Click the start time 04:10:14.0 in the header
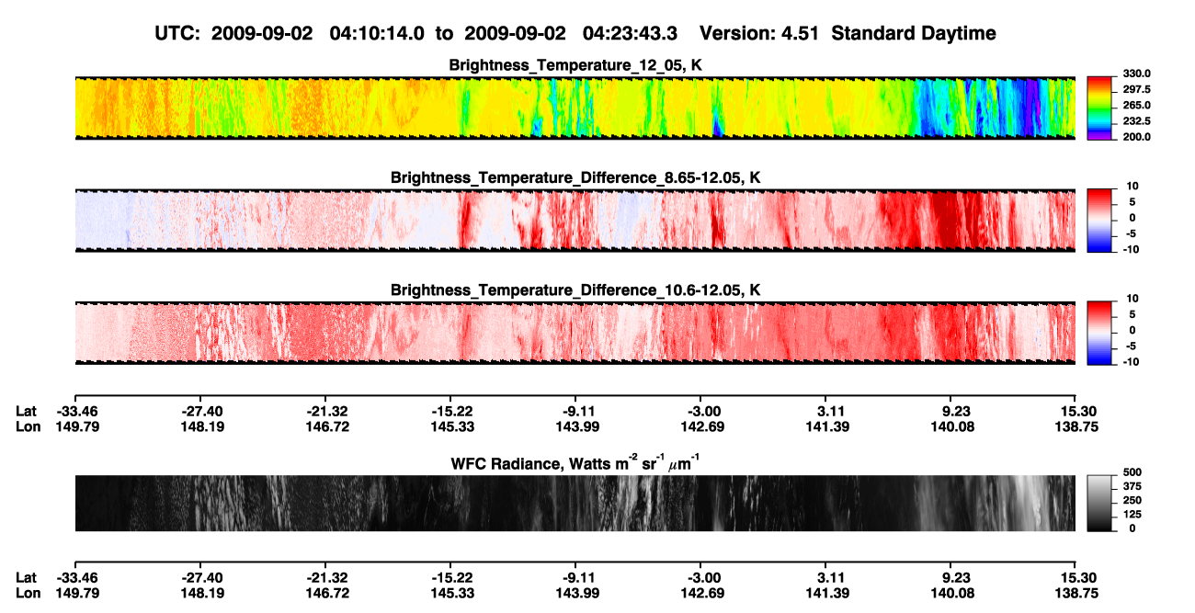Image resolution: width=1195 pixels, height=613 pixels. (x=377, y=34)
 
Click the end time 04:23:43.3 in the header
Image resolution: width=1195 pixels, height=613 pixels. (x=630, y=34)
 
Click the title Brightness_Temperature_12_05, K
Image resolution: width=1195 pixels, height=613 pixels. (x=575, y=65)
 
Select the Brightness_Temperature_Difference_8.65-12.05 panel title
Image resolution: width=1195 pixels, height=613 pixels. (x=575, y=177)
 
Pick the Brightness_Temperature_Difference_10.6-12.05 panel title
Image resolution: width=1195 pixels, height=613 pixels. (x=575, y=290)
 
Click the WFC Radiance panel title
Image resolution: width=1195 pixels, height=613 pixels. (x=575, y=463)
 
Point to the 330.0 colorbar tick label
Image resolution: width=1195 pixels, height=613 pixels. (x=1136, y=74)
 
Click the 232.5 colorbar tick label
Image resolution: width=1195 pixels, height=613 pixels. (x=1136, y=121)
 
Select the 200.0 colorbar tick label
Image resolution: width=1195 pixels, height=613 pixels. (x=1136, y=137)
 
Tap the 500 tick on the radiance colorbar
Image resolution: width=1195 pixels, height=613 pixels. (x=1132, y=472)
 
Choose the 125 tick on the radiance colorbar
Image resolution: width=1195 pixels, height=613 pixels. (x=1132, y=515)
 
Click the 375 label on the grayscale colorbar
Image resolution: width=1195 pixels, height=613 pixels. (x=1132, y=486)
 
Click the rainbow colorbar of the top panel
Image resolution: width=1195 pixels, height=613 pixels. (x=1099, y=108)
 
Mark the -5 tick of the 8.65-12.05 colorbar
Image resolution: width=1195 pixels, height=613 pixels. (x=1132, y=233)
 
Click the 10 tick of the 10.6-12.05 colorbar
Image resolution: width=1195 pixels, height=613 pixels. (x=1132, y=299)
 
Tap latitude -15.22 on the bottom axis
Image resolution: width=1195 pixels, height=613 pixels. (x=450, y=577)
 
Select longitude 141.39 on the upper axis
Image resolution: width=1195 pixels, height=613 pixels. (x=827, y=426)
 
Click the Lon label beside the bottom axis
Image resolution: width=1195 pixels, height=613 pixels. (x=28, y=594)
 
